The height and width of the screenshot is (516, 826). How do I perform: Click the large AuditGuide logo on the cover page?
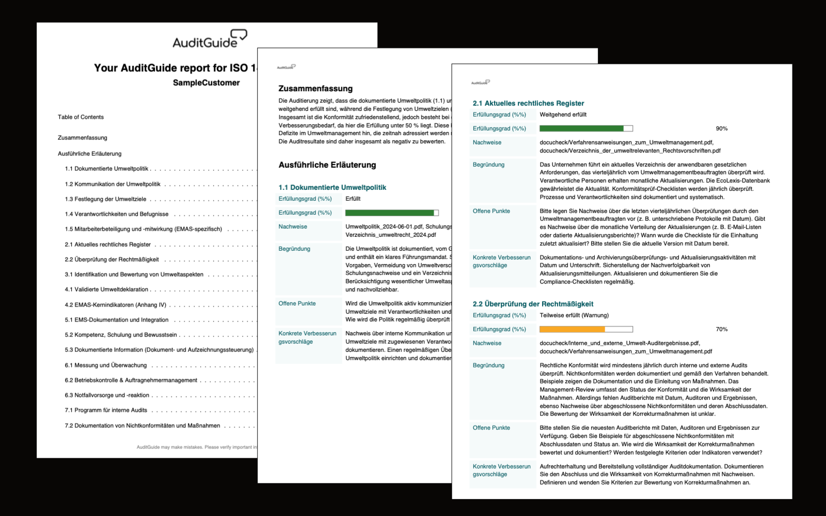coord(210,39)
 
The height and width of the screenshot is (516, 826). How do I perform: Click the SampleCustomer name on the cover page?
coord(206,83)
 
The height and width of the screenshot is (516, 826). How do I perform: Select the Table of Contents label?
coord(81,117)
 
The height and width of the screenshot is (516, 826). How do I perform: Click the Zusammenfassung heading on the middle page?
coord(315,88)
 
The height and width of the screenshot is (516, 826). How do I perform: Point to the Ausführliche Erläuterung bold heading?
coord(327,165)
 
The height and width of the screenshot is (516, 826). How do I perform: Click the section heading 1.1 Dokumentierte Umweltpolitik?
coord(332,187)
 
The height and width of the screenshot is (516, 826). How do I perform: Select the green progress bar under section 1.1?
coord(391,213)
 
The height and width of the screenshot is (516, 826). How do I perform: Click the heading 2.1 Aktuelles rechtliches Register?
coord(528,103)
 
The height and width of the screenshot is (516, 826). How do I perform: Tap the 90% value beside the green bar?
coord(721,128)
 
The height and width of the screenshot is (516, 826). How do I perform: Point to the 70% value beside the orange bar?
coord(721,329)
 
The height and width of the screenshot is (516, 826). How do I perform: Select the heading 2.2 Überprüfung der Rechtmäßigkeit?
coord(533,304)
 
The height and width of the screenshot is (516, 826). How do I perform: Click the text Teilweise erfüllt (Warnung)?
coord(574,315)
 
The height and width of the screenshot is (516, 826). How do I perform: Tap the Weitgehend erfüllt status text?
coord(563,115)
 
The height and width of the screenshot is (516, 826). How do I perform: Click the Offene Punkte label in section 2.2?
coord(491,428)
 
